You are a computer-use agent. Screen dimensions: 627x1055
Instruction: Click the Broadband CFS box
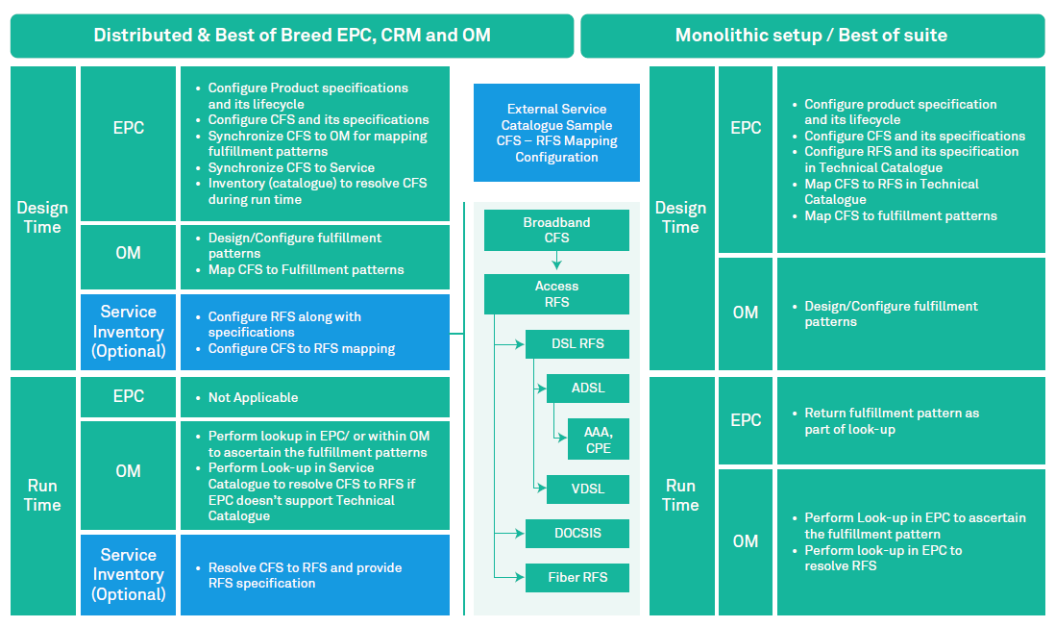pos(556,230)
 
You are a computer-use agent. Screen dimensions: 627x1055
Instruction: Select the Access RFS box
pos(556,293)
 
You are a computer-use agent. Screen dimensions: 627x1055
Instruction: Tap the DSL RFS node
pos(577,343)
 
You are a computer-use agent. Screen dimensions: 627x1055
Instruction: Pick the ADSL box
pos(588,389)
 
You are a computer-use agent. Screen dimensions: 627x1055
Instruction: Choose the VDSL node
pos(588,489)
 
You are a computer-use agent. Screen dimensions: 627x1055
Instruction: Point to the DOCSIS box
pos(577,533)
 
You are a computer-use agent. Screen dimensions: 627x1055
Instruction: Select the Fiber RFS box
pos(577,577)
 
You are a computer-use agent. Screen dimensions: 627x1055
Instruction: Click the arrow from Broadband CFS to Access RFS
pos(556,263)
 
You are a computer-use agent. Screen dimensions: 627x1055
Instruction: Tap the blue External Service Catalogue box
pos(556,133)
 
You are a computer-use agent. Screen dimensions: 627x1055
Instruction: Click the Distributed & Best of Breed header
pos(292,36)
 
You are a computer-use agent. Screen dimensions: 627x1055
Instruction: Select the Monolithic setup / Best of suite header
pos(812,36)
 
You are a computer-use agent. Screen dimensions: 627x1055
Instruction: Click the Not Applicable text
pos(253,397)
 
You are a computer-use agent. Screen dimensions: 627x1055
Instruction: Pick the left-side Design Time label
pos(42,217)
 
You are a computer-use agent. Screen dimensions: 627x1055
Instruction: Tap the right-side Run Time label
pos(680,495)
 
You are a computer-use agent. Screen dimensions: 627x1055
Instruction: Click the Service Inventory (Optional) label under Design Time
pos(129,332)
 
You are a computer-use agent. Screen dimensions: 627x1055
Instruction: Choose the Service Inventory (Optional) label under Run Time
pos(129,575)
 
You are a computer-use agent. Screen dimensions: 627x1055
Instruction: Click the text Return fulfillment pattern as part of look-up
pos(892,421)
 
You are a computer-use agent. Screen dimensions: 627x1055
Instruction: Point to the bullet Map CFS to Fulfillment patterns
pos(306,270)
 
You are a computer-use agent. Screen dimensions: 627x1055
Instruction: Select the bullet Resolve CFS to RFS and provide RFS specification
pos(305,575)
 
